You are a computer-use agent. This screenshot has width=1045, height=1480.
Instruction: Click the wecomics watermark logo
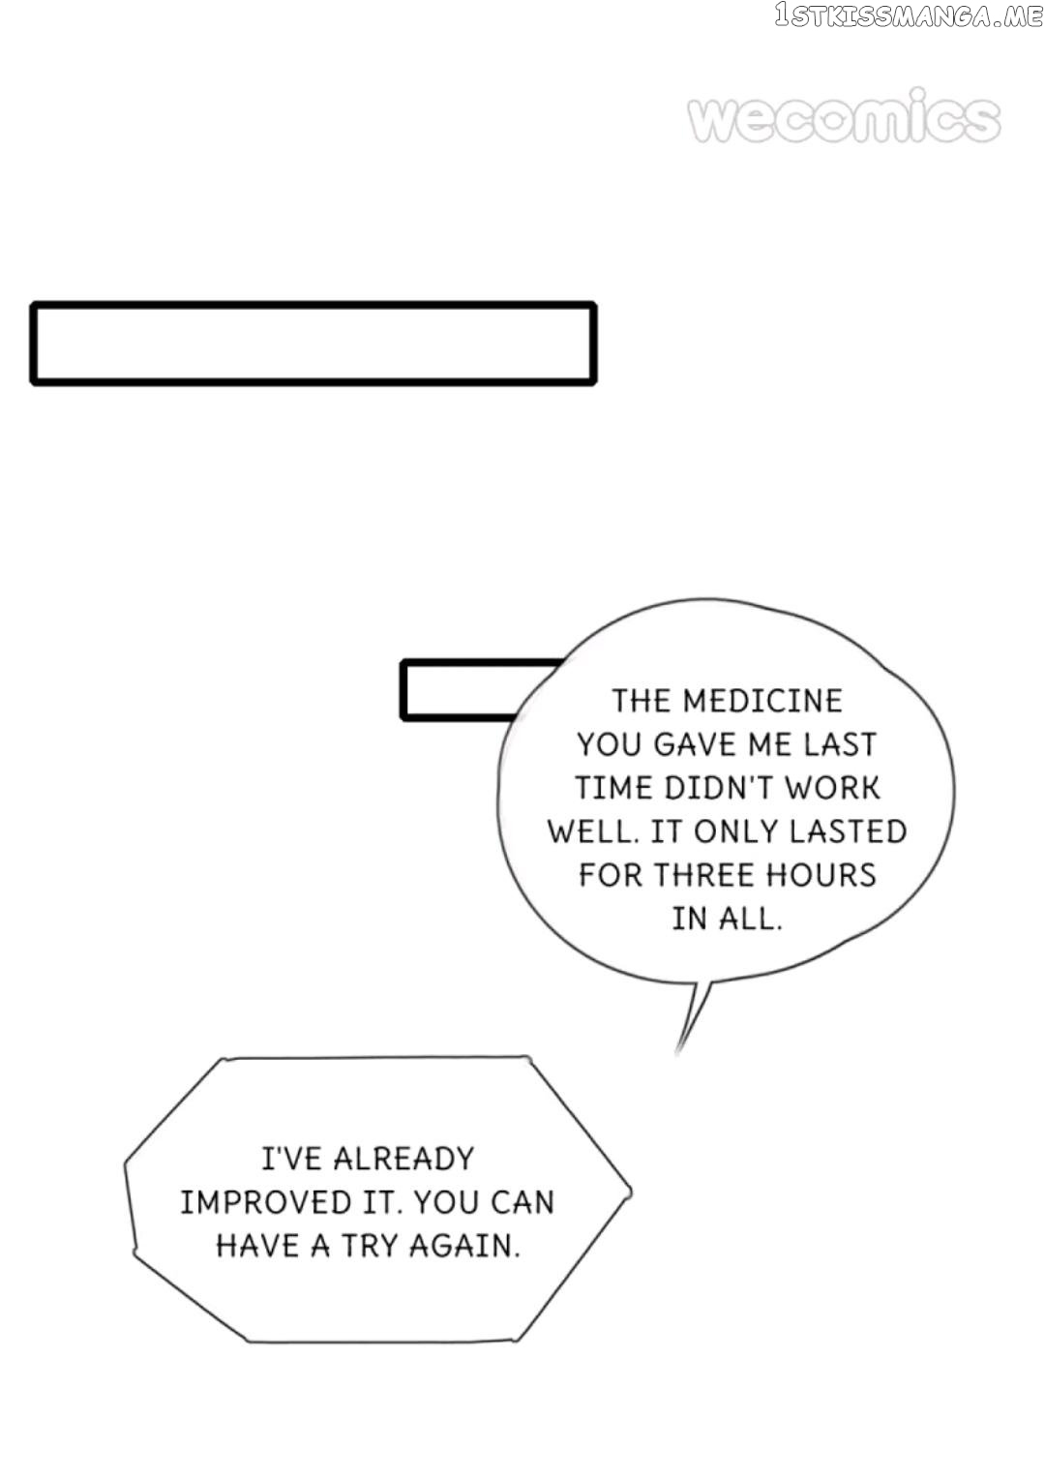(844, 116)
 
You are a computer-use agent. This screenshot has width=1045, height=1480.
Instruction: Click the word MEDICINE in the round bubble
(762, 701)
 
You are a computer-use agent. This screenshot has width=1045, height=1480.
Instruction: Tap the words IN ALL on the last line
(727, 919)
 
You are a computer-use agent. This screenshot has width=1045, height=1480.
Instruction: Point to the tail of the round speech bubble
(677, 1051)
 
